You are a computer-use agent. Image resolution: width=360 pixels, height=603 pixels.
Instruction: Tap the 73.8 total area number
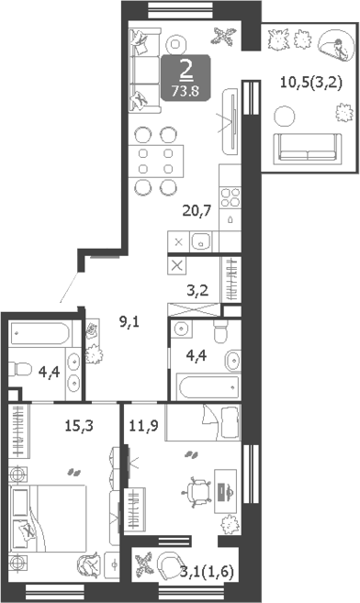(x=186, y=90)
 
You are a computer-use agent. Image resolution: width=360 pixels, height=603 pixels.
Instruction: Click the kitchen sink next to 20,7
(x=203, y=242)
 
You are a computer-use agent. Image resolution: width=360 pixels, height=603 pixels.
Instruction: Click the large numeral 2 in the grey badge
(x=186, y=70)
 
